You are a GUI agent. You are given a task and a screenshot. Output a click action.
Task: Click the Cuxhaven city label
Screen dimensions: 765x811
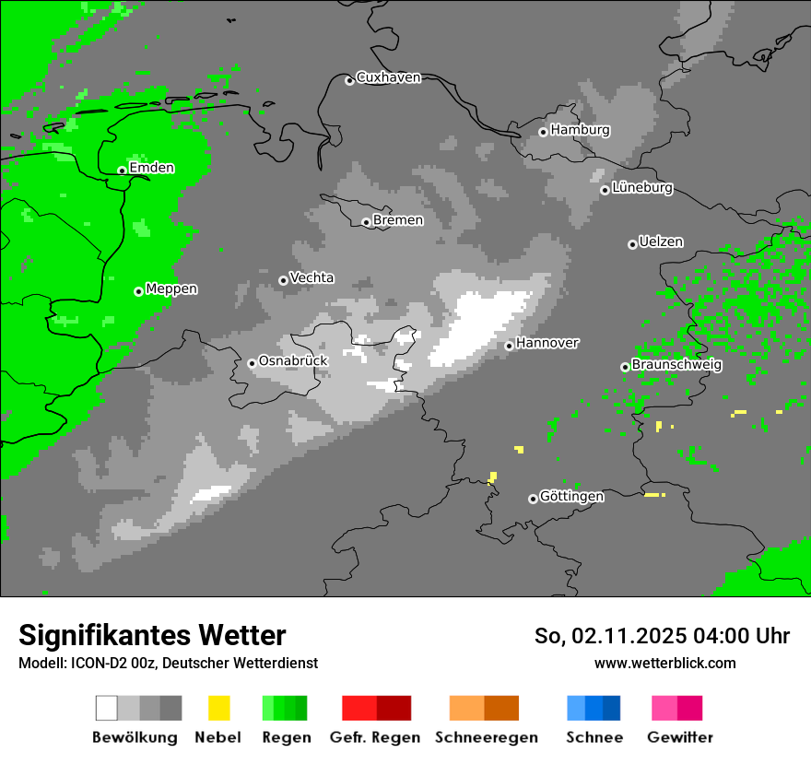point(388,77)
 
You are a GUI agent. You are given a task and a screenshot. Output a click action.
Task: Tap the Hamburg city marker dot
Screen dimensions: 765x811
point(543,132)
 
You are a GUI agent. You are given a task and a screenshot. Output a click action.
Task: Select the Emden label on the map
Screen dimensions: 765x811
point(151,168)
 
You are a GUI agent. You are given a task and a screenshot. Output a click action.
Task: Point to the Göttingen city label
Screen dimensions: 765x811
point(571,496)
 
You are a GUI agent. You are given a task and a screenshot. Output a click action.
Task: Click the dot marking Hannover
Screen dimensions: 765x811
point(509,346)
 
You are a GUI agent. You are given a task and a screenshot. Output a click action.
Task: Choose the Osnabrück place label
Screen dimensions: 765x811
point(293,360)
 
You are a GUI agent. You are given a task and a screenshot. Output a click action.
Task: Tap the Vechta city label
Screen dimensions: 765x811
point(311,277)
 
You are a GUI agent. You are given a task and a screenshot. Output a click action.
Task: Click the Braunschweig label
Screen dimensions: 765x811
point(676,364)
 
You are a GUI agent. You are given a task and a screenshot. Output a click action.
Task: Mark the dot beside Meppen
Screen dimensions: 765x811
point(138,291)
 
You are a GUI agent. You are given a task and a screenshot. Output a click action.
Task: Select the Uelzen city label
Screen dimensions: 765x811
point(661,241)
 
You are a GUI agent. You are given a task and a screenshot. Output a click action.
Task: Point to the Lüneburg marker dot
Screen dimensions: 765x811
point(605,190)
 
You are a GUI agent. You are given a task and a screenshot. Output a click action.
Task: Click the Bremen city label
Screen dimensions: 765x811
point(398,220)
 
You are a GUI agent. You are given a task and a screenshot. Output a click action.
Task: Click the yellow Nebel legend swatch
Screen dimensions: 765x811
point(218,708)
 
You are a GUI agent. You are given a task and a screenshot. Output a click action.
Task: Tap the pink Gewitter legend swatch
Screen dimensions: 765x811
point(664,708)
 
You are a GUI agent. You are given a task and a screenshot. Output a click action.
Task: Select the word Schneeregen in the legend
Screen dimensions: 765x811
point(486,737)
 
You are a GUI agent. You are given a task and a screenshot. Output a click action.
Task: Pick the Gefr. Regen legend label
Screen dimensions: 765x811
point(375,737)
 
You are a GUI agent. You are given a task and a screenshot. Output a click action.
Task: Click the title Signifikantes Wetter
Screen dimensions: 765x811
point(152,635)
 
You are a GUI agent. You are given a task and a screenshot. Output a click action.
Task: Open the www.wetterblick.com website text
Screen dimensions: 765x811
point(664,663)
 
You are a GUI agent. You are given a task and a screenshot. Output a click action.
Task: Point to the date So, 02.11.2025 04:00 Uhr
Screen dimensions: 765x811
point(662,636)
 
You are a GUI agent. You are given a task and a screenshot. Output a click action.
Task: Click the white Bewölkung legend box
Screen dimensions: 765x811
point(107,708)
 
